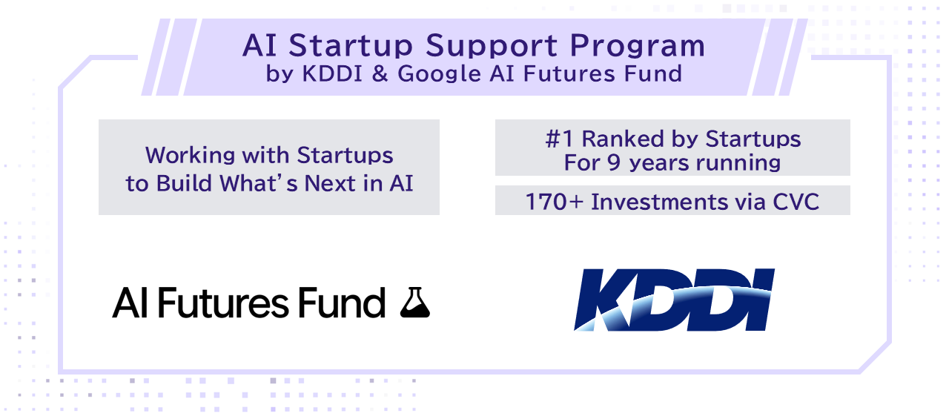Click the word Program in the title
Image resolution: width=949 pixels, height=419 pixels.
(637, 47)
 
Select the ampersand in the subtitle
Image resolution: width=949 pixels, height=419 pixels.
(380, 73)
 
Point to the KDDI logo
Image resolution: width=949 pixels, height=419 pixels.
(674, 300)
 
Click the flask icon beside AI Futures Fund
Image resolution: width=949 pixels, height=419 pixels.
(414, 303)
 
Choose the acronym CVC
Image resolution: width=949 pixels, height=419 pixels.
(796, 202)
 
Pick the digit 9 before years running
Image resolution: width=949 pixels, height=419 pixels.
(614, 162)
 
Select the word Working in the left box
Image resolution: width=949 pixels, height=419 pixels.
(191, 156)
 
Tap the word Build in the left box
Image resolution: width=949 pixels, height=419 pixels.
(184, 184)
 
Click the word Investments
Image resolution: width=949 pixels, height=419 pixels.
(660, 202)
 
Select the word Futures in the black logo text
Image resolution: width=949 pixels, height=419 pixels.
(223, 303)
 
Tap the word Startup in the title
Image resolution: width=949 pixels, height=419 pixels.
(351, 47)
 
